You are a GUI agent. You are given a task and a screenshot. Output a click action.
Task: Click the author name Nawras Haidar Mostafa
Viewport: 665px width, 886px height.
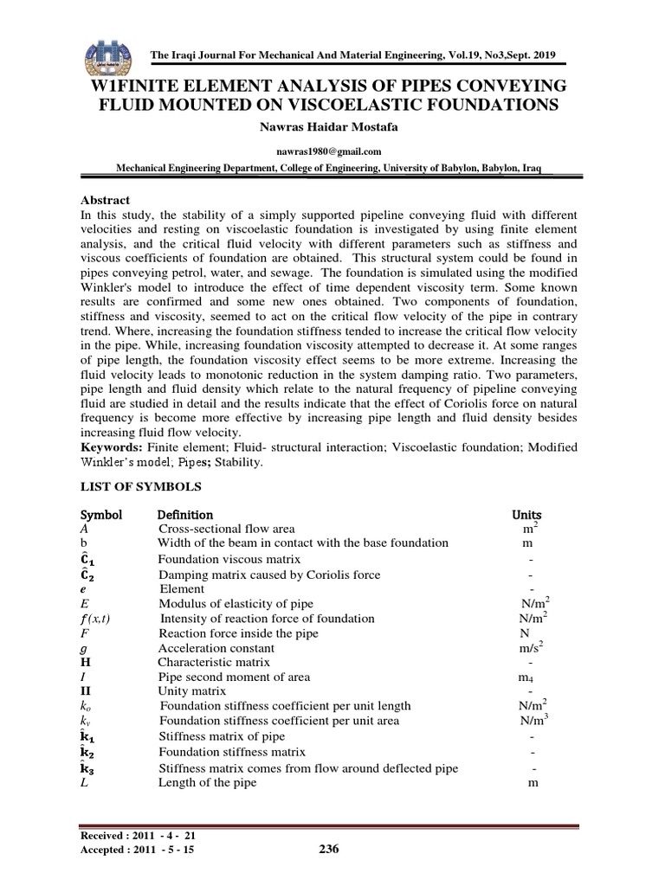(x=332, y=127)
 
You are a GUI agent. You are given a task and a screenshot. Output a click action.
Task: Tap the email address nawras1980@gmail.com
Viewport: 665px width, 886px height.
(x=332, y=151)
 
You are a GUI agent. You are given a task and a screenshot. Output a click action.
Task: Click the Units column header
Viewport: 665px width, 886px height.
(x=527, y=515)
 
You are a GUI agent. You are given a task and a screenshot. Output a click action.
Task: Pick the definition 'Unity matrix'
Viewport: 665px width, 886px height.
(x=192, y=691)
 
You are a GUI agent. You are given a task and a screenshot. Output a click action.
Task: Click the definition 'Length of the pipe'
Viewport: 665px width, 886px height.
(x=207, y=783)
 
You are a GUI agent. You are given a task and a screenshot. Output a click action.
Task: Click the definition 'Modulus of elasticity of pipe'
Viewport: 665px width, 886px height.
(x=236, y=603)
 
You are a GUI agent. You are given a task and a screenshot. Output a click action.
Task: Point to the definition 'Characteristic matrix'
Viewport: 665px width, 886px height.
(x=214, y=662)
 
